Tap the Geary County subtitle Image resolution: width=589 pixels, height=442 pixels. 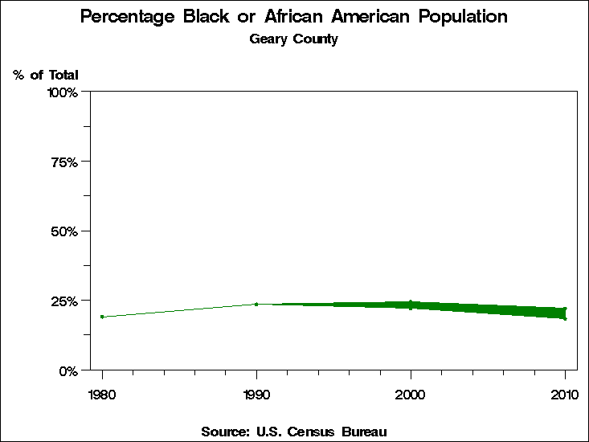point(293,39)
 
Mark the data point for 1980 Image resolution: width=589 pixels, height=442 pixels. point(102,317)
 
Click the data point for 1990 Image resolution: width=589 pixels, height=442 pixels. point(256,304)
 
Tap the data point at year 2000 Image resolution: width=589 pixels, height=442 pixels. point(411,305)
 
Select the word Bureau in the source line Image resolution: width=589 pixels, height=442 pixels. point(365,432)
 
